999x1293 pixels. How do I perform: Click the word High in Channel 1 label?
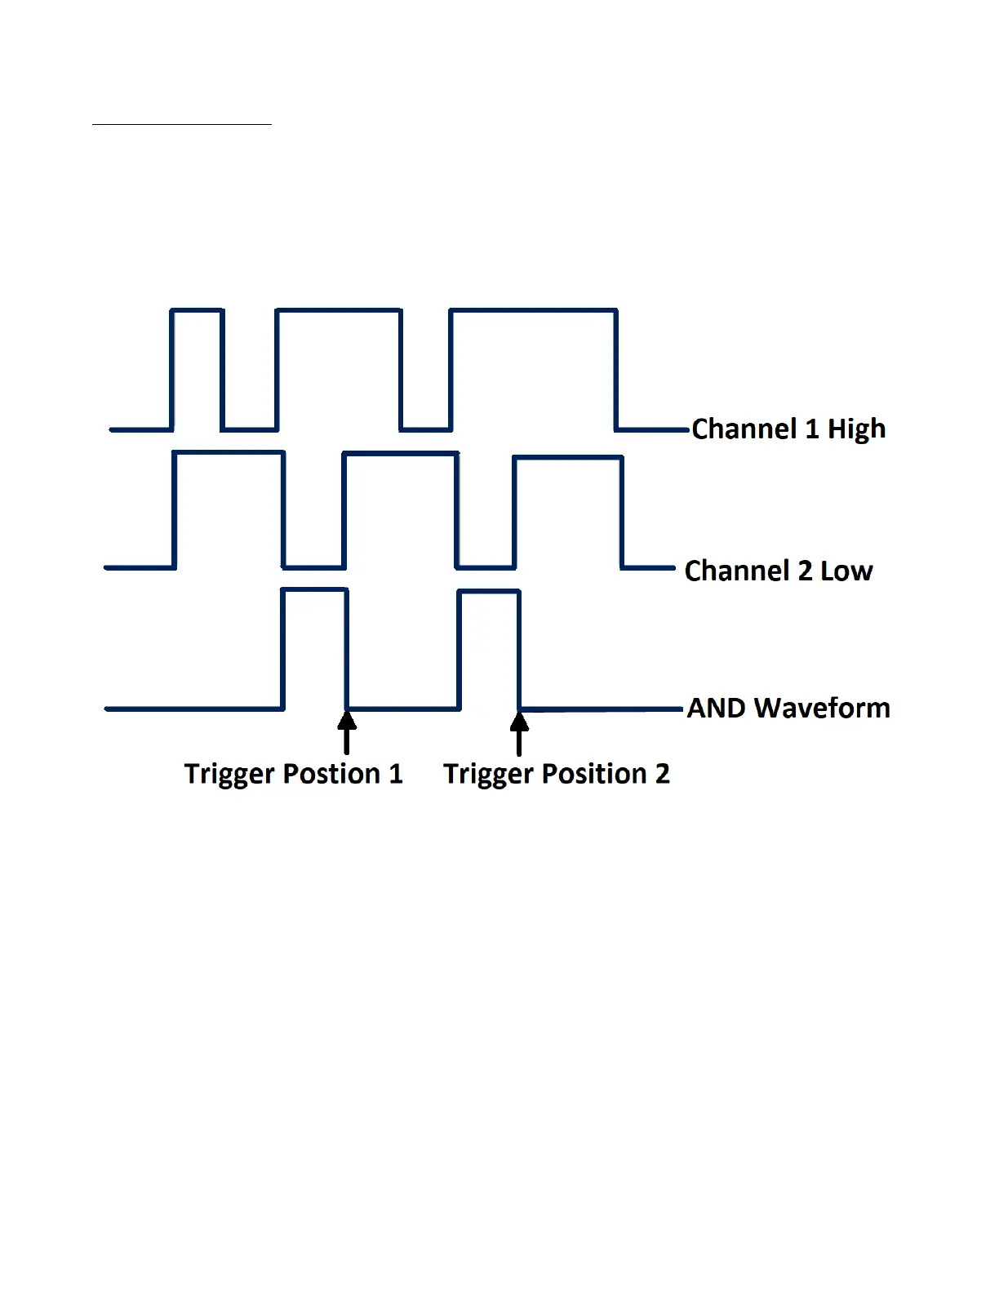click(x=856, y=429)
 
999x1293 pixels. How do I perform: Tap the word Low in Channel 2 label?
click(x=846, y=571)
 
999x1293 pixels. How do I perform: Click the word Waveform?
click(x=822, y=708)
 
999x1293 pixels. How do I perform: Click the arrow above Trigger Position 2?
click(x=519, y=732)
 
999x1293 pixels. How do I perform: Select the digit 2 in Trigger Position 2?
click(x=662, y=774)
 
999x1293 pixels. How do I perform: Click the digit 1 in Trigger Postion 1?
click(x=396, y=774)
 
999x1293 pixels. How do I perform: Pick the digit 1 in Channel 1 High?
click(x=811, y=429)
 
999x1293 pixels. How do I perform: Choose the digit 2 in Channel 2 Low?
click(x=805, y=571)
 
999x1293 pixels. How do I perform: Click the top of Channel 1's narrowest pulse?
click(x=197, y=310)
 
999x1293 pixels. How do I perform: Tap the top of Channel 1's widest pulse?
click(x=533, y=310)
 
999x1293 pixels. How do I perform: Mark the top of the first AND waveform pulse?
click(x=314, y=589)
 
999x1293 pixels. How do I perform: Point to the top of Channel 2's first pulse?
click(x=229, y=452)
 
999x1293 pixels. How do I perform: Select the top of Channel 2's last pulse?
click(x=568, y=458)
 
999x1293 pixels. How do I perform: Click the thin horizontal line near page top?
click(x=181, y=125)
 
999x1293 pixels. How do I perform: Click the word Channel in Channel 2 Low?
click(x=738, y=571)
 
